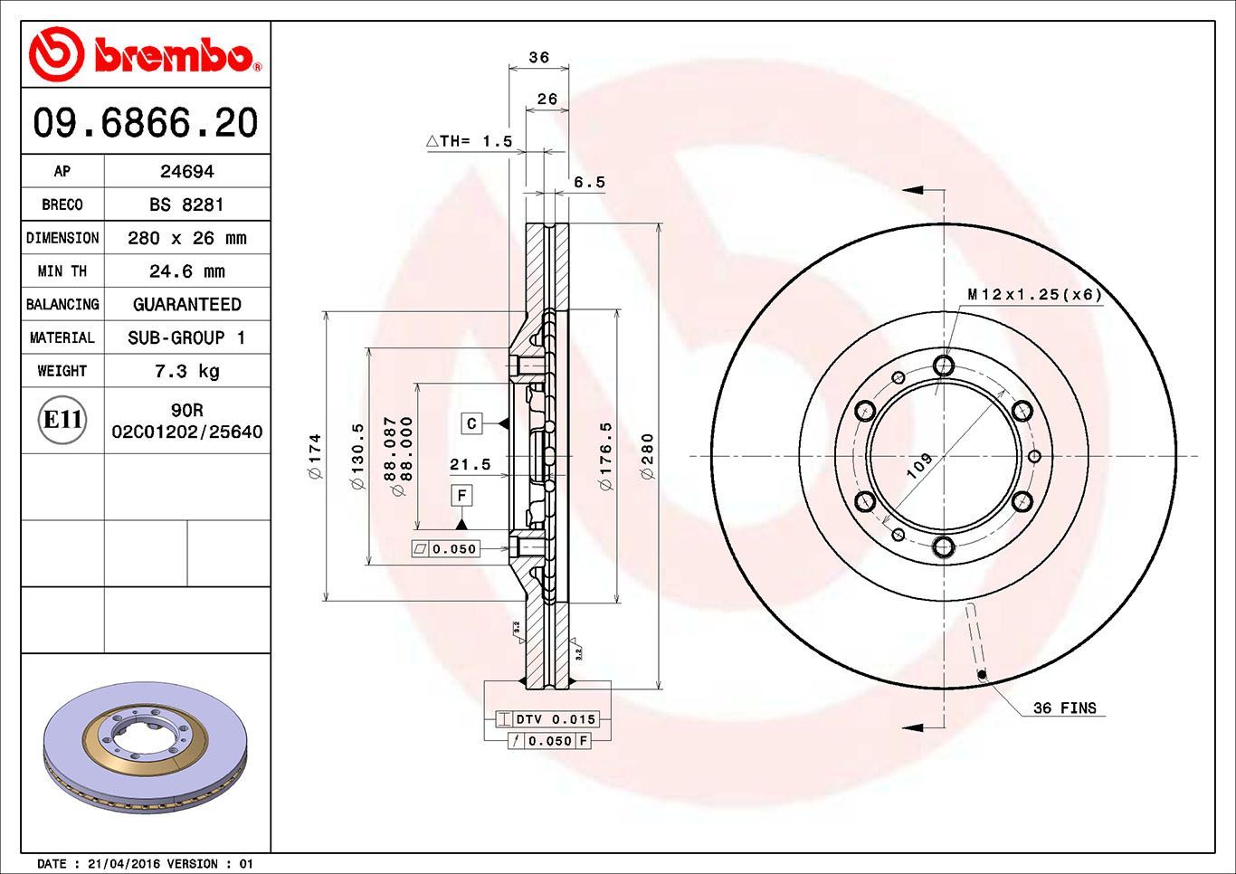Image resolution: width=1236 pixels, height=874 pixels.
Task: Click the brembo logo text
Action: pos(172,55)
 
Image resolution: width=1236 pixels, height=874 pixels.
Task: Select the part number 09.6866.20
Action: pos(146,122)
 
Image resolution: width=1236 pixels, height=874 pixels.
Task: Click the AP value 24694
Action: pos(186,171)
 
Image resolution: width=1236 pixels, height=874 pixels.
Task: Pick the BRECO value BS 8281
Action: pos(186,204)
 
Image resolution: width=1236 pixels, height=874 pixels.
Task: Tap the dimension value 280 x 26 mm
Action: pos(186,238)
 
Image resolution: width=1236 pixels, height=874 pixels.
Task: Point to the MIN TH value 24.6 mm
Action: pos(186,271)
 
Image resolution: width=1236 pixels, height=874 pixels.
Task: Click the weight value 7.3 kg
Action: pos(186,371)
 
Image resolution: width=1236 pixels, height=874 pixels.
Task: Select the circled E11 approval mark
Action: pos(63,420)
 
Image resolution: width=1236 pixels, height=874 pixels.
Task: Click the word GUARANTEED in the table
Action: pos(186,305)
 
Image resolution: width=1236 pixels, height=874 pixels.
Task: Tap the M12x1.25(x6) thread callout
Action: pos(1034,295)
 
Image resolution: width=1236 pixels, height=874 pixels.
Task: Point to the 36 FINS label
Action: pos(1064,708)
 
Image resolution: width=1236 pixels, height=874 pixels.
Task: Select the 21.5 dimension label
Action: pos(470,464)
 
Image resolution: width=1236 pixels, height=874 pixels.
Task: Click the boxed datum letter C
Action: pos(471,423)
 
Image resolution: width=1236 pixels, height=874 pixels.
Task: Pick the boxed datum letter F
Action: pos(461,495)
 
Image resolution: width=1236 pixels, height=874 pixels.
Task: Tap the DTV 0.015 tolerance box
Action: pos(556,719)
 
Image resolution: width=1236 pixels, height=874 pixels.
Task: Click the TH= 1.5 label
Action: pos(471,141)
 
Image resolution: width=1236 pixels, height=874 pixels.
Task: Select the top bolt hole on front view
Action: pos(944,366)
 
